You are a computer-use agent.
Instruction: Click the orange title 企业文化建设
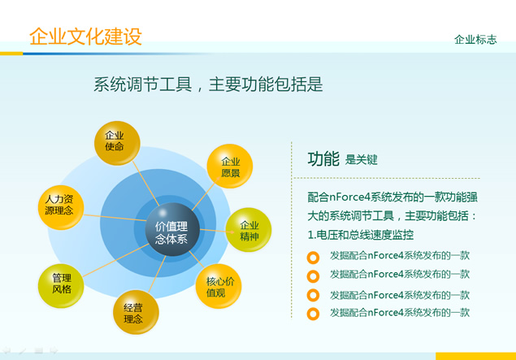pos(85,36)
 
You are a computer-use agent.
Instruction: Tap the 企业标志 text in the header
pos(475,40)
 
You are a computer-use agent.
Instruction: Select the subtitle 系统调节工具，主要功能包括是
pos(208,85)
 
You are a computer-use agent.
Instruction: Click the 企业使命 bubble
pos(117,143)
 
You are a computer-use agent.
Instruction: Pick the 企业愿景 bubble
pos(230,166)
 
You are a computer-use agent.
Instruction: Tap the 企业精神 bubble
pos(249,230)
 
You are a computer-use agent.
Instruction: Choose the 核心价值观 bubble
pos(219,286)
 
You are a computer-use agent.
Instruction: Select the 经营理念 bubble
pos(136,312)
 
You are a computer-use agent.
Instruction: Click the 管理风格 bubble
pos(61,286)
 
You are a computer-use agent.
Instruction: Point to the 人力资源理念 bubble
pos(61,208)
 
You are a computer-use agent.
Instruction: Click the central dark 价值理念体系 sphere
pos(172,229)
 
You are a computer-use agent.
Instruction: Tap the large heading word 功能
pos(323,159)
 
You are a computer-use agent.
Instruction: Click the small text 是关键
pos(361,160)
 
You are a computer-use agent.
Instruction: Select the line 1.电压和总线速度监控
pos(360,235)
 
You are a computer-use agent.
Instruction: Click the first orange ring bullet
pos(313,258)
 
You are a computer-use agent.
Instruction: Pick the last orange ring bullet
pos(313,314)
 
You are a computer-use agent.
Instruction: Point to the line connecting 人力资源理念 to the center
pos(115,218)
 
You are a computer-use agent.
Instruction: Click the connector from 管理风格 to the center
pos(116,260)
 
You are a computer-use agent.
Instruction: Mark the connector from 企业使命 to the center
pos(146,184)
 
